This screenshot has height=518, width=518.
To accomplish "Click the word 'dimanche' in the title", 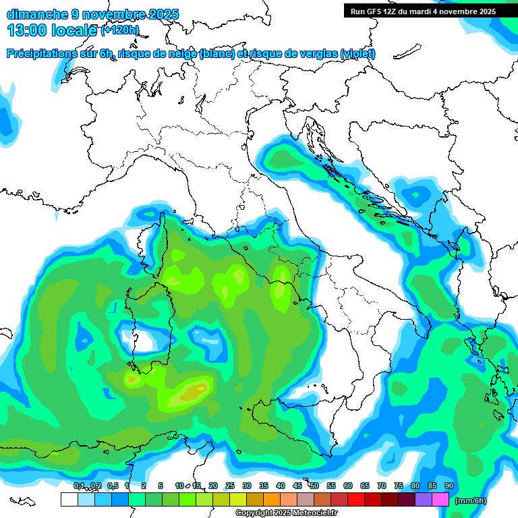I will coord(36,14).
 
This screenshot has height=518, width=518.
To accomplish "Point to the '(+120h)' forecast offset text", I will coord(120,30).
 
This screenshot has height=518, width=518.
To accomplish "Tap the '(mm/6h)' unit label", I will coord(471,500).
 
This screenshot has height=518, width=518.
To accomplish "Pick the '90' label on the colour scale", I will coord(449,486).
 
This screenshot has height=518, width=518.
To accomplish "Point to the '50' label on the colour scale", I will coord(314,486).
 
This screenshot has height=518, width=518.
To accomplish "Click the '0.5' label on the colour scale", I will coord(113,486).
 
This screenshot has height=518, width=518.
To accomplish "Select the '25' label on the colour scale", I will coord(230,486).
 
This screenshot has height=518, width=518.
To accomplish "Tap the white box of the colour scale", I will coord(69,500).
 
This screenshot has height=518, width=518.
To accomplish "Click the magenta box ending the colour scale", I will coord(440,500).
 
